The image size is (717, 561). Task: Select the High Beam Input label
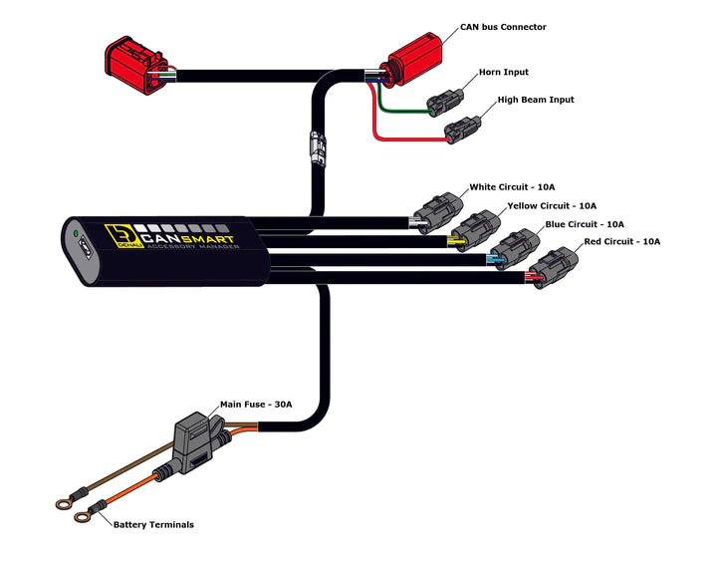536,100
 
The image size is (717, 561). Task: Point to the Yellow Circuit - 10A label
552,205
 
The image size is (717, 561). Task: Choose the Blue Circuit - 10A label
585,224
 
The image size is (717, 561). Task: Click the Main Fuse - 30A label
256,405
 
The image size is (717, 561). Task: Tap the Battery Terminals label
153,524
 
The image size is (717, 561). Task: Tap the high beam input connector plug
463,128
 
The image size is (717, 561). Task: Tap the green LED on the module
76,236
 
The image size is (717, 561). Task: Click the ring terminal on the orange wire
67,517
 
